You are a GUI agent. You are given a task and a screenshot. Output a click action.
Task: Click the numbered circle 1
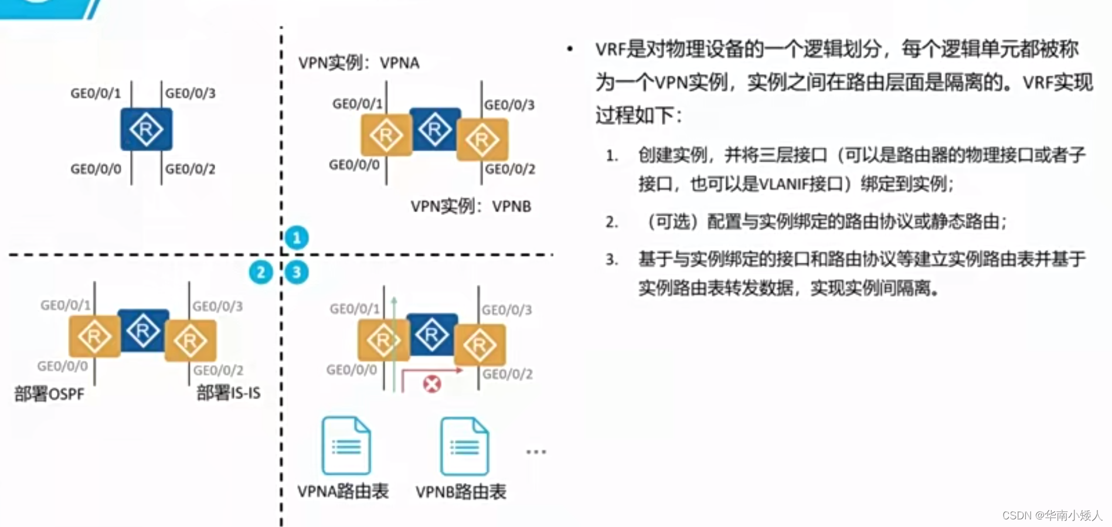pos(297,237)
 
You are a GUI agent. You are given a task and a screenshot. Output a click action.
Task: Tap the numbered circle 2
pos(261,272)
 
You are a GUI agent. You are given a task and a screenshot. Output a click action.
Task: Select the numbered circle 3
pos(297,272)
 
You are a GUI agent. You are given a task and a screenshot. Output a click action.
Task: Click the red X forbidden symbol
pos(432,385)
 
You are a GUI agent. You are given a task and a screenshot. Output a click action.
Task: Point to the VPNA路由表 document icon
pos(346,446)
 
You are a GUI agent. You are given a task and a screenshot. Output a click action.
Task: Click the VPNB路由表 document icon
pos(464,446)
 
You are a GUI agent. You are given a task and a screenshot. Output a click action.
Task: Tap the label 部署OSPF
pos(49,394)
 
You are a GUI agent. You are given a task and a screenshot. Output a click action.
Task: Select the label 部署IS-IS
pos(229,393)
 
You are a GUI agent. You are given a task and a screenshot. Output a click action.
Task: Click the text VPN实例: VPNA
pos(359,63)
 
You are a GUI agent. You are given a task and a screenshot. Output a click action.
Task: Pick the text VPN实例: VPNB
pos(471,206)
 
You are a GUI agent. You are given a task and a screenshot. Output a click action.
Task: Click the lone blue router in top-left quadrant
pos(147,129)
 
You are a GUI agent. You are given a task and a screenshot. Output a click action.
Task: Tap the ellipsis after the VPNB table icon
pos(536,452)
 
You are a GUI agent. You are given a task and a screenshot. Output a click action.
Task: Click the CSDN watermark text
pos(1052,515)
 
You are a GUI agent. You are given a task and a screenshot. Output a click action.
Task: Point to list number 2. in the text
pos(612,222)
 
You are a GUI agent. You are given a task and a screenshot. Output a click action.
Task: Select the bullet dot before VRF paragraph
pos(570,49)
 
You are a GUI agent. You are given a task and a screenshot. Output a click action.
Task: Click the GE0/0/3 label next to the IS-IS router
pos(217,306)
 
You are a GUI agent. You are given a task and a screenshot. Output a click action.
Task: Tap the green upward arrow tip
pos(394,300)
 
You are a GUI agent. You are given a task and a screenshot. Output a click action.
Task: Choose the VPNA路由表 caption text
pos(343,491)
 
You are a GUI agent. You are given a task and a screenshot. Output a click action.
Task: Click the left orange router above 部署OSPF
pos(94,336)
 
